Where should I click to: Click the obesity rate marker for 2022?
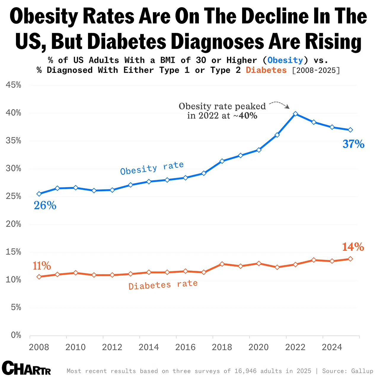point(295,114)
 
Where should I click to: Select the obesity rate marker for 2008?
point(39,194)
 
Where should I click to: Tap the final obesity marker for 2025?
point(350,130)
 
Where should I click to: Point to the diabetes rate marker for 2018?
point(222,264)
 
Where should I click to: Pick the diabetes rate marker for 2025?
point(350,259)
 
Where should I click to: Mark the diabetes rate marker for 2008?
point(39,277)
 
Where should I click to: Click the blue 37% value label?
point(353,144)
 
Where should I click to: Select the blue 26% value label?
point(45,205)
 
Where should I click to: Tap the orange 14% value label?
point(353,247)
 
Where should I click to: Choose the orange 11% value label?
point(42,266)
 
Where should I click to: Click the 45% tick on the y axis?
point(14,85)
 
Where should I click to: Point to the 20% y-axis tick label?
point(14,224)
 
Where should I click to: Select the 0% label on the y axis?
point(16,335)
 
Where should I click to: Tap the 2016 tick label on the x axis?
point(185,347)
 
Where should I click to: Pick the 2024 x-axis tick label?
point(332,347)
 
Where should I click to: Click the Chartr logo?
point(26,368)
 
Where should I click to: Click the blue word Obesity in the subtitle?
point(285,60)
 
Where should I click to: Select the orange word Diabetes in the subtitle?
point(266,70)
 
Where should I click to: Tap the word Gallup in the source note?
point(362,371)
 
